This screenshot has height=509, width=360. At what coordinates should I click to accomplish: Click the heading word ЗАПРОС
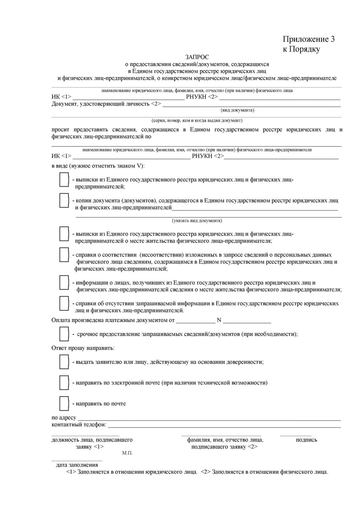coord(197,57)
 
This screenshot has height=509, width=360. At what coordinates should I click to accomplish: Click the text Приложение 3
coord(309,39)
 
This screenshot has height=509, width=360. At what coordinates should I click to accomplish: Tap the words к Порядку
coord(301,49)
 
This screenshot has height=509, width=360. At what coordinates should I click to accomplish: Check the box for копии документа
coord(64,201)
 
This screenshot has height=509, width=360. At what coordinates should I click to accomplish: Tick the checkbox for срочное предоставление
coord(64,334)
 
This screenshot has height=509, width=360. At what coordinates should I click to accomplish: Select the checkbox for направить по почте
coord(64,403)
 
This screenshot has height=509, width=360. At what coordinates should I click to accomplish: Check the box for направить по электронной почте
coord(64,382)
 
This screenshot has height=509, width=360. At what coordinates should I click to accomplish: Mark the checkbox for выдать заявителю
coord(64,362)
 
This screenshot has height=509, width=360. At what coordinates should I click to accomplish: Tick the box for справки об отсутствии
coord(64,304)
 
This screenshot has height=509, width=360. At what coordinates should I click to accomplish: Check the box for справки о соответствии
coord(64,255)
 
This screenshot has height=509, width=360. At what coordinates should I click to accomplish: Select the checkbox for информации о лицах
coord(64,283)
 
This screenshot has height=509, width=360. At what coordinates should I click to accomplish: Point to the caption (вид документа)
coord(237,110)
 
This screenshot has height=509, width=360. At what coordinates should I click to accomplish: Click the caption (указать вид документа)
coord(197,221)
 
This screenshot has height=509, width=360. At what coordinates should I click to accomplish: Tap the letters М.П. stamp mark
coord(127,453)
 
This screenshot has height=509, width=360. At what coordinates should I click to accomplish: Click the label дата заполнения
coord(77,465)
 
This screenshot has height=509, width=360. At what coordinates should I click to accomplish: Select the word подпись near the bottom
coord(306,440)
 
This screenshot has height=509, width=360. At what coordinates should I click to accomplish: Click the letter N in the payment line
coord(219,320)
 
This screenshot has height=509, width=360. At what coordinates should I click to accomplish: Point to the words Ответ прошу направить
coord(83,348)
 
